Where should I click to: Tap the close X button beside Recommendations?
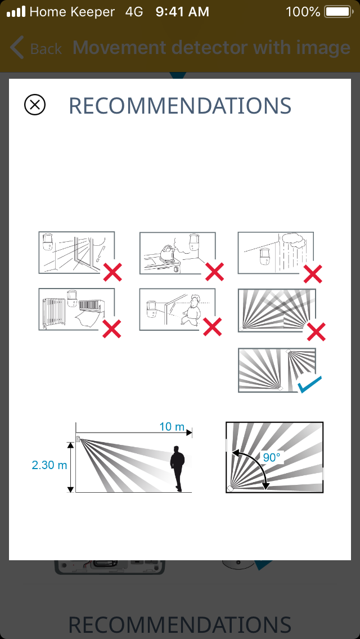(x=35, y=105)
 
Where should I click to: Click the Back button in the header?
(x=36, y=48)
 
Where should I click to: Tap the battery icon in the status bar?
(x=338, y=12)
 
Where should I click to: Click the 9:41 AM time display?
(x=182, y=12)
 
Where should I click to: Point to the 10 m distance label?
(x=172, y=427)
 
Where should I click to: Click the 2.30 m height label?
(x=49, y=465)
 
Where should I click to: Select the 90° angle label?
(x=272, y=458)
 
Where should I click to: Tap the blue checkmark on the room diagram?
(x=309, y=384)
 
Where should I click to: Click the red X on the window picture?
(x=112, y=272)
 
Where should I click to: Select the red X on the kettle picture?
(x=214, y=272)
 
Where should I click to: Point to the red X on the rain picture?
(x=313, y=274)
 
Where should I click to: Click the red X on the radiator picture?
(x=112, y=329)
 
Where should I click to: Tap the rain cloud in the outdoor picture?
(x=294, y=240)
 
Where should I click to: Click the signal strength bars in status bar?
(x=16, y=12)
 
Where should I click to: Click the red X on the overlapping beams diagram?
(x=316, y=331)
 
